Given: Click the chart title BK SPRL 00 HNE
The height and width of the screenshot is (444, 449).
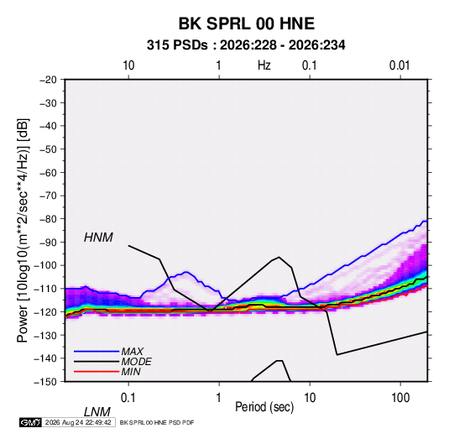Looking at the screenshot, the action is click(x=247, y=24).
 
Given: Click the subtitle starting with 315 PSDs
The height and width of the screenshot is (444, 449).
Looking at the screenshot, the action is click(x=246, y=45).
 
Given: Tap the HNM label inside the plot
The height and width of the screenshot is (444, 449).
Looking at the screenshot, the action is click(x=98, y=238).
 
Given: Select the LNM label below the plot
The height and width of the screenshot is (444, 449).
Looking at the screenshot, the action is click(x=97, y=412).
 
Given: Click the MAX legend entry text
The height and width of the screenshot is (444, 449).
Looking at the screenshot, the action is click(x=132, y=351).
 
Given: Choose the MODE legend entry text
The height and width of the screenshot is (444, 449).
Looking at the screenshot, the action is click(x=136, y=362).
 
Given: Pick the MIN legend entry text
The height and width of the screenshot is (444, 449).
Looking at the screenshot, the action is click(x=131, y=372).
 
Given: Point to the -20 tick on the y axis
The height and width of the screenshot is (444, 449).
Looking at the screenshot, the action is click(x=48, y=80).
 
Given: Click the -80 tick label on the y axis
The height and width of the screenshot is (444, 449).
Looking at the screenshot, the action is click(x=48, y=219).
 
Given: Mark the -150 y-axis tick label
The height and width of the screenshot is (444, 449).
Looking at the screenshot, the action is click(x=45, y=382).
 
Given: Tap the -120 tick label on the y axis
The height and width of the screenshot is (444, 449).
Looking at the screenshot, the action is click(x=45, y=311).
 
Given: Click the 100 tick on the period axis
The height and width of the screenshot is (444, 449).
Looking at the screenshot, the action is click(x=400, y=398).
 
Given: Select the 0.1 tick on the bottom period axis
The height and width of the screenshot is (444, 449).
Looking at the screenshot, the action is click(x=128, y=398).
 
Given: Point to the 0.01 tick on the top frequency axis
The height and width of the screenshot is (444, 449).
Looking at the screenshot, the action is click(x=399, y=65).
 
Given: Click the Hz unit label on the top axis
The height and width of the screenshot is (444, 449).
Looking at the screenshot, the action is click(x=264, y=65).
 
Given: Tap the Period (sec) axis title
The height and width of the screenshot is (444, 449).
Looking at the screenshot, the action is click(x=264, y=407).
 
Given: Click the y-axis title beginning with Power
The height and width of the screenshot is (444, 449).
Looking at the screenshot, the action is click(x=23, y=231).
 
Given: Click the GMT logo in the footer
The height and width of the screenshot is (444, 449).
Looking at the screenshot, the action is click(x=30, y=422).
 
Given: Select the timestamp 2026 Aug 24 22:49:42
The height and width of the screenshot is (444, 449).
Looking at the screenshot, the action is click(x=78, y=422).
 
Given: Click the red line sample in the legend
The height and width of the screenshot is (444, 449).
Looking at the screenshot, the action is click(x=97, y=372).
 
